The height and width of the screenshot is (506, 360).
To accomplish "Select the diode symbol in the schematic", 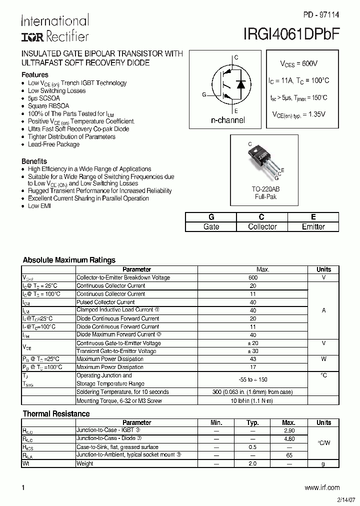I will click(240, 84).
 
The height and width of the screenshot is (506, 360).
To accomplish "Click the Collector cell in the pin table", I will click(262, 226).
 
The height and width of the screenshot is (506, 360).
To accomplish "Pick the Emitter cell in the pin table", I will click(313, 226).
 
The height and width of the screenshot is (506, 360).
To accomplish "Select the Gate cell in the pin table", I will click(211, 226).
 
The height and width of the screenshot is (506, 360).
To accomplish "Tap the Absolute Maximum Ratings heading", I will click(69, 260).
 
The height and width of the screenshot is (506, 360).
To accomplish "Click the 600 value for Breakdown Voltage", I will click(253, 277).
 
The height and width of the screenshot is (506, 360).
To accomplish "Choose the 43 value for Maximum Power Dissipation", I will click(253, 359).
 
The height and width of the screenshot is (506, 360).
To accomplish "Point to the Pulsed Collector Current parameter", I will click(105, 302).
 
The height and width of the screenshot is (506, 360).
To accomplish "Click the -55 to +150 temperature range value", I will click(253, 379).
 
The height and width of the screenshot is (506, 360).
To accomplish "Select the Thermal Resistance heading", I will click(56, 413).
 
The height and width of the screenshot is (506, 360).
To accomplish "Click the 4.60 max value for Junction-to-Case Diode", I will click(288, 438).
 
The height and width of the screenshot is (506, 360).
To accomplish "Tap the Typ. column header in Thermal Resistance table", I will click(253, 422).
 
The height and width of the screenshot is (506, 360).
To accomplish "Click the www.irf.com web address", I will click(321, 487).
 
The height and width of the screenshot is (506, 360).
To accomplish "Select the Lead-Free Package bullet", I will click(53, 144).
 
